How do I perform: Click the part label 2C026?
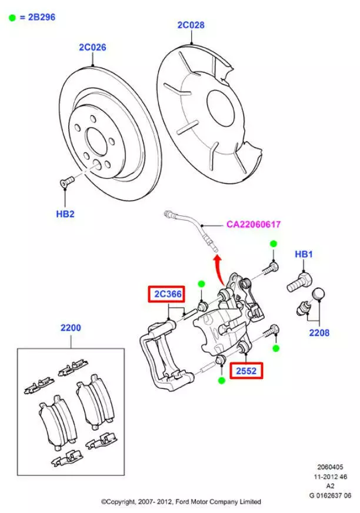click(93, 47)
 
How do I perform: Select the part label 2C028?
click(191, 25)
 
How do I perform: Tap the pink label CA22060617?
click(253, 224)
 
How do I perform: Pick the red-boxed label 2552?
click(246, 371)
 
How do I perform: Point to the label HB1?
click(304, 254)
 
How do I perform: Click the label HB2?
click(65, 214)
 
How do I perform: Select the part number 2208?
click(319, 332)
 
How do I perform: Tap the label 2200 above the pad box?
click(71, 328)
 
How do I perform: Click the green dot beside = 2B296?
click(12, 17)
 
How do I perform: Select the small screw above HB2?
click(65, 182)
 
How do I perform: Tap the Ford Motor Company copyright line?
click(181, 502)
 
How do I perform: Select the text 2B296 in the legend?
click(41, 17)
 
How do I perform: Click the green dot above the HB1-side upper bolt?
click(273, 243)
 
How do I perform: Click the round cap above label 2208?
click(318, 294)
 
